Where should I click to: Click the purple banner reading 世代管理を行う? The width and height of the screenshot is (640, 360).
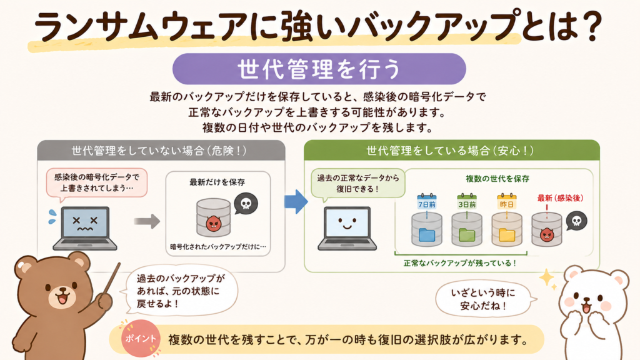319,69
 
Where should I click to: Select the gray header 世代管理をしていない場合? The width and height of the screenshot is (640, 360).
161,151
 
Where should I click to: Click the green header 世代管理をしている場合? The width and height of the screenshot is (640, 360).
452,151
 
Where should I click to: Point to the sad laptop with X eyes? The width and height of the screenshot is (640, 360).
85,228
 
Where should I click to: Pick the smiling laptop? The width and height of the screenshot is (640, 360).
347,228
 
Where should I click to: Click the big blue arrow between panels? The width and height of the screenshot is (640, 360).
296,201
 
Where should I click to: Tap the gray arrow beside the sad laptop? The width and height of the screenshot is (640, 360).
147,222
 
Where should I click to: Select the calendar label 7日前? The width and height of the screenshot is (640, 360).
427,202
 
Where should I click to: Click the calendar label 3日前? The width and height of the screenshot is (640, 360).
467,202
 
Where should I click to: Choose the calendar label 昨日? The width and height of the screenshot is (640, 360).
506,202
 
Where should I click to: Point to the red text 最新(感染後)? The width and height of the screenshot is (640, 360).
561,198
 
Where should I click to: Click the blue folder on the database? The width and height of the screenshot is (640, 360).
427,235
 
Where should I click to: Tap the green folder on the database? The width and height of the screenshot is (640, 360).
467,235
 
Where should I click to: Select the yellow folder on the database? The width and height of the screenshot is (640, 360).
507,235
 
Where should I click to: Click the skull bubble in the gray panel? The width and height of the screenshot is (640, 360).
246,204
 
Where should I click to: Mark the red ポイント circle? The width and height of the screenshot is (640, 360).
140,339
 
